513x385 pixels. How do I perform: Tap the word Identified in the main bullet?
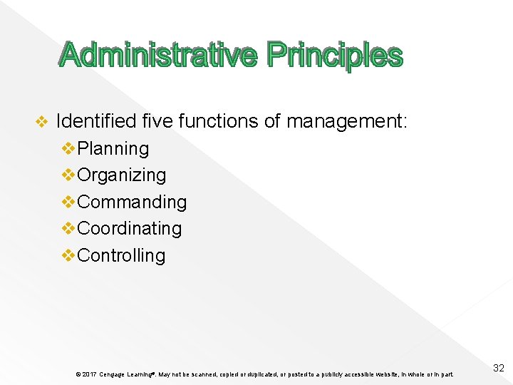(x=95, y=122)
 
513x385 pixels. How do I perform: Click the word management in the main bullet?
(x=345, y=122)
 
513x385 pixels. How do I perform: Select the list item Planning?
(x=113, y=148)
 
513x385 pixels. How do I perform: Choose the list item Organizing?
(x=122, y=175)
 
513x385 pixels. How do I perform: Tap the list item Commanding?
(x=132, y=202)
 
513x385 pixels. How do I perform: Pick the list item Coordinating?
(x=130, y=229)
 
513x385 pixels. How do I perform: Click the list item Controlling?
(x=121, y=255)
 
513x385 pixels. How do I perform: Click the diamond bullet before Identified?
(x=41, y=123)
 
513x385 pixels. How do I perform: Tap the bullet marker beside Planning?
(x=69, y=148)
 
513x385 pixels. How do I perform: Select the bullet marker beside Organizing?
(x=69, y=175)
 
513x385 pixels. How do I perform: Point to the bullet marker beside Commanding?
(x=69, y=202)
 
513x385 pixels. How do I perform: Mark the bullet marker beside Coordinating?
(x=69, y=229)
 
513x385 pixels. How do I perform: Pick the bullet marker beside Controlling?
(x=69, y=255)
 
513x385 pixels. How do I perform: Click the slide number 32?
(x=499, y=368)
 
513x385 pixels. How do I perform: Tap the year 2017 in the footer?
(x=89, y=374)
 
